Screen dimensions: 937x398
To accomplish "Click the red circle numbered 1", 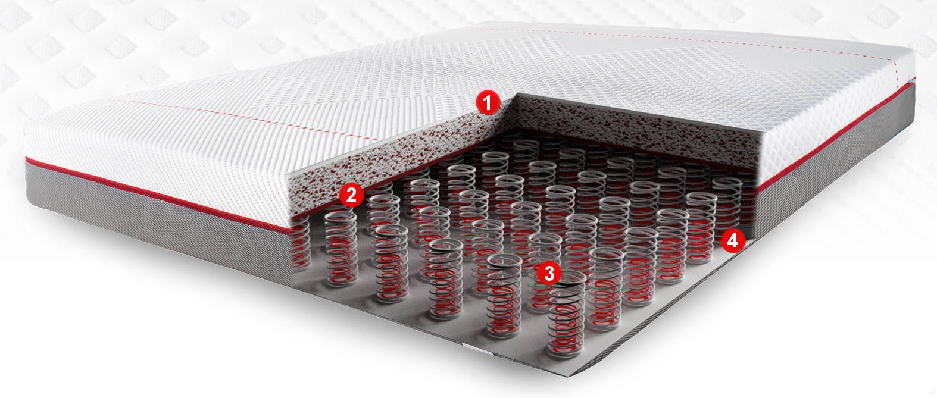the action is click(488, 102).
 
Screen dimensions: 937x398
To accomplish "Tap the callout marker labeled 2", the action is click(351, 195).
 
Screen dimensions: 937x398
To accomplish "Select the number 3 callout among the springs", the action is click(549, 274).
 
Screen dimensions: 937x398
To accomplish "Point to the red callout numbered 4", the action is click(733, 241).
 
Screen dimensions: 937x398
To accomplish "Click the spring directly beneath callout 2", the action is click(341, 248).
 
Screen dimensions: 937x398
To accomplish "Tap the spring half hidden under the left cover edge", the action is click(299, 245).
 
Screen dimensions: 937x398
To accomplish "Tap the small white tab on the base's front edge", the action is click(477, 348).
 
